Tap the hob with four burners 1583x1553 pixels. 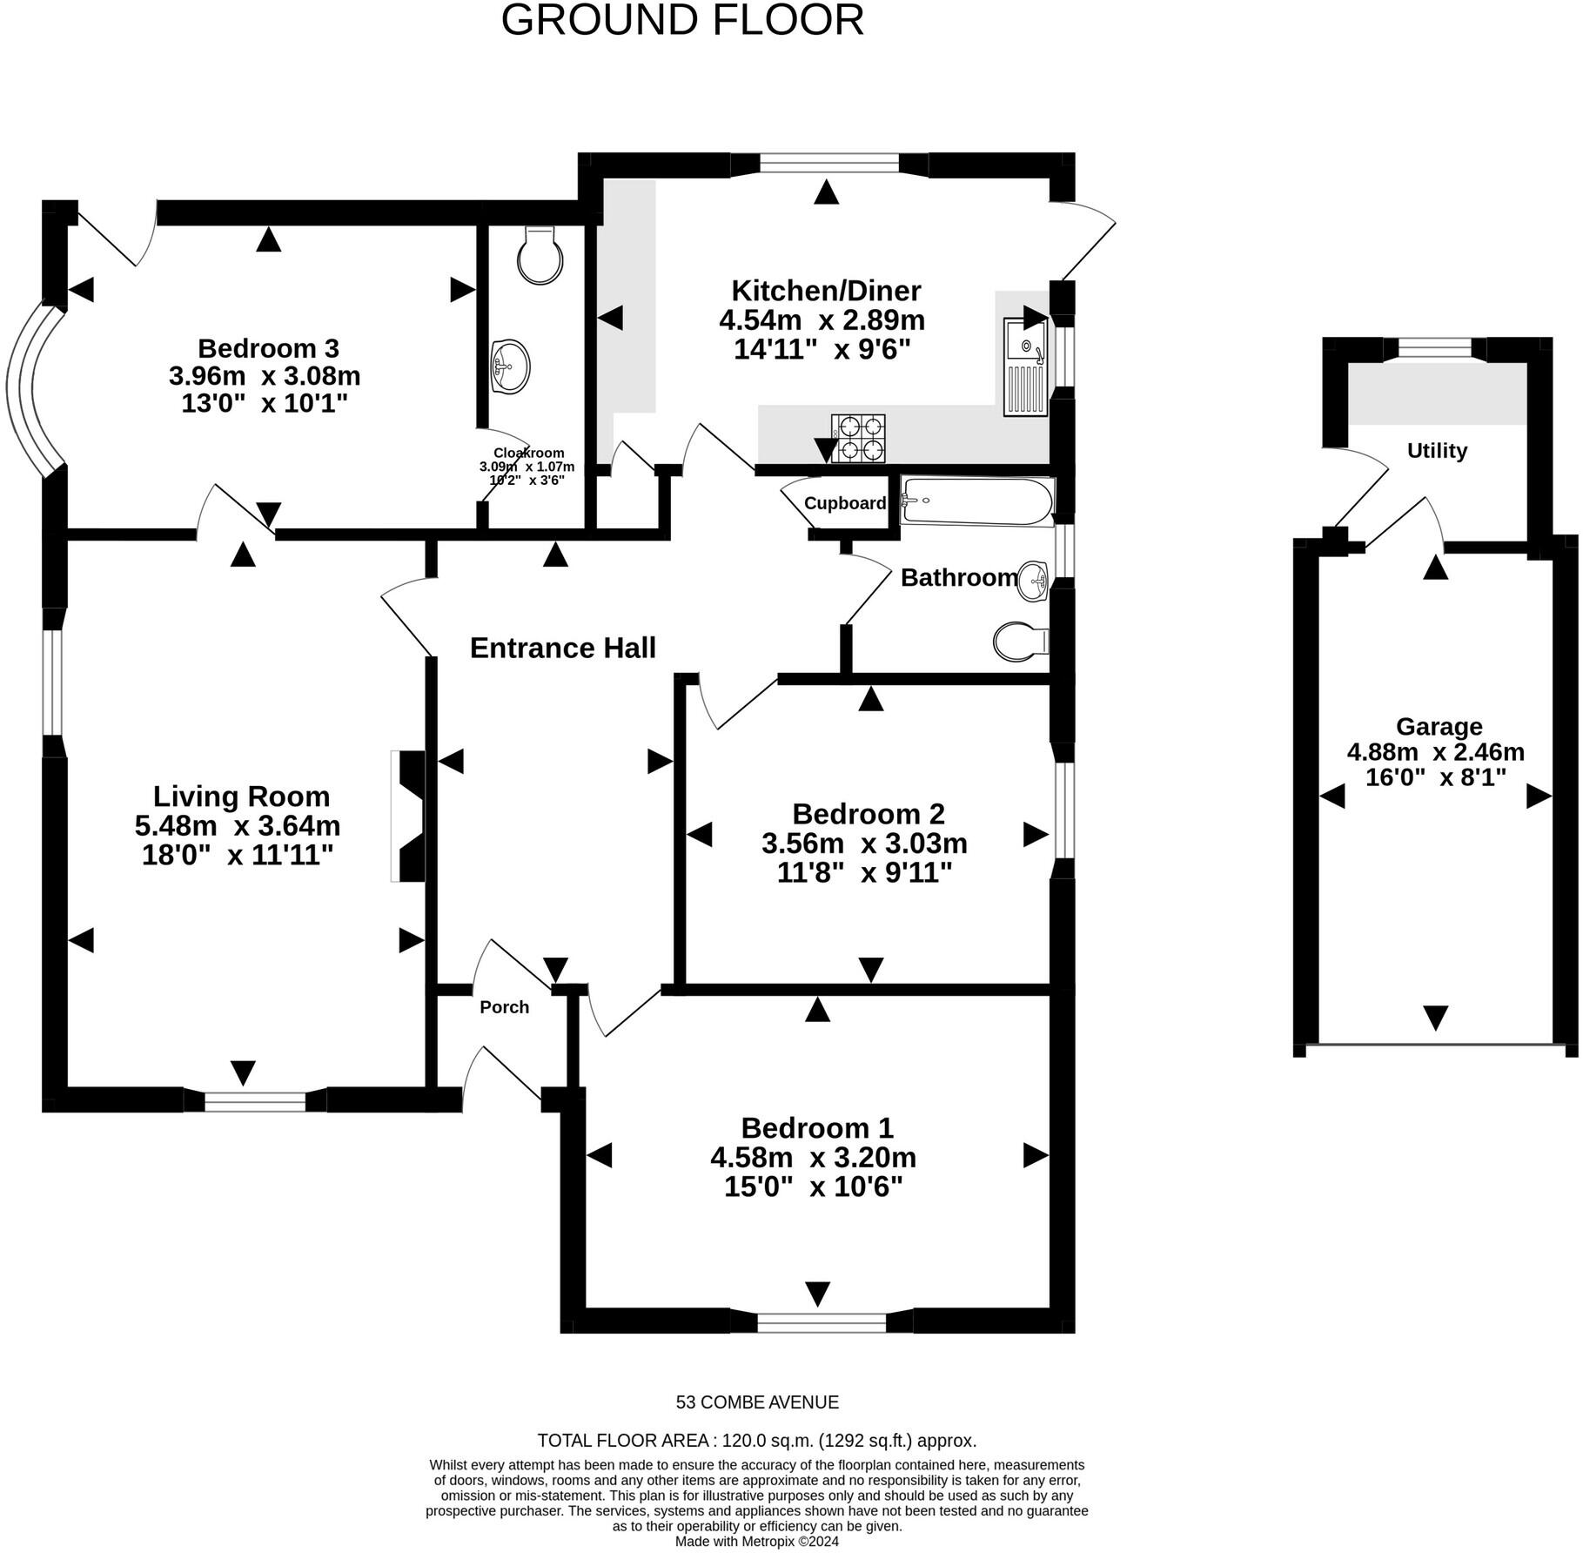[x=858, y=438]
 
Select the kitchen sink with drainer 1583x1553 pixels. [x=1025, y=367]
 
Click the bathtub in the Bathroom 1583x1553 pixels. [x=976, y=501]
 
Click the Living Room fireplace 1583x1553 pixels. [x=408, y=816]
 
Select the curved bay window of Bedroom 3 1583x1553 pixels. [x=32, y=389]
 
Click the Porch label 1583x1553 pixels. [x=504, y=1007]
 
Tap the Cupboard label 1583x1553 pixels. [x=844, y=503]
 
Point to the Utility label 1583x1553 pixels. [x=1437, y=451]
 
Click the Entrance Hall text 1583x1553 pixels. [x=562, y=648]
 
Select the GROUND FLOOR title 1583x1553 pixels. [x=682, y=21]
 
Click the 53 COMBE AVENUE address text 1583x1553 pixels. [x=757, y=1402]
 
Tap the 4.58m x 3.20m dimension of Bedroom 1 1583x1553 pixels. [x=813, y=1158]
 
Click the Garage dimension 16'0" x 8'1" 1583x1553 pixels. [x=1435, y=777]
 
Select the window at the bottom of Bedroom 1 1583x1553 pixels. [x=822, y=1322]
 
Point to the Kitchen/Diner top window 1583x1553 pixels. [x=828, y=164]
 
